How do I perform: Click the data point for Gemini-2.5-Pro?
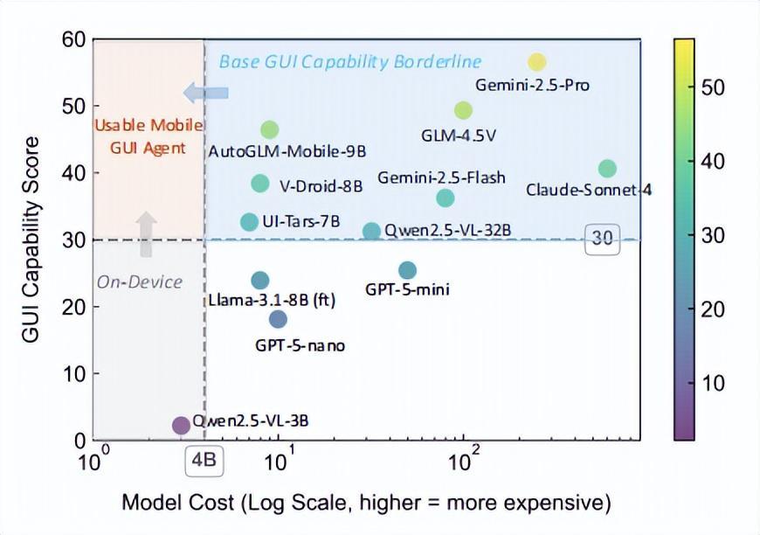pos(537,62)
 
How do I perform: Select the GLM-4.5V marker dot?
pos(463,110)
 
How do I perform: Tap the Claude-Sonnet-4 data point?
pos(607,169)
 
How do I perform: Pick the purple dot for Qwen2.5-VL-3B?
pos(181,426)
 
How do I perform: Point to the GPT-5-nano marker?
pos(278,319)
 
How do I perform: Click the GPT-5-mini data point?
pos(407,271)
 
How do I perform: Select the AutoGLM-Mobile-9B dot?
pos(270,129)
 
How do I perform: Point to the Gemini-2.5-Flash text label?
pos(441,177)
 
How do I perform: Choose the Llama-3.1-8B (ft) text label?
pos(273,300)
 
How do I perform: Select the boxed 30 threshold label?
pos(603,240)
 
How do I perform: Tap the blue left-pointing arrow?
pos(205,92)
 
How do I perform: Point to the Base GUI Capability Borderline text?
pos(349,62)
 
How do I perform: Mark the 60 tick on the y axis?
pos(74,39)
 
